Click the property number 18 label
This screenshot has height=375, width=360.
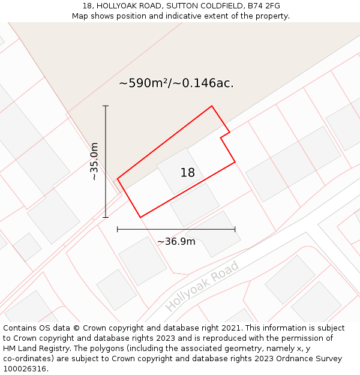187,173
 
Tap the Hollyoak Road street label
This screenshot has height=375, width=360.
202,286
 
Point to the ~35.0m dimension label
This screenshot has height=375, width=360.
94,161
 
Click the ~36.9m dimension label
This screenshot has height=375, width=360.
176,241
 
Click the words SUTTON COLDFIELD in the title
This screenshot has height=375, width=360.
202,6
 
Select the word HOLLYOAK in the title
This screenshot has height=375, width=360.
117,6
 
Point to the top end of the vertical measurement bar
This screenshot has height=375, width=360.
106,106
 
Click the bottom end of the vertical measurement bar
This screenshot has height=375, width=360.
106,217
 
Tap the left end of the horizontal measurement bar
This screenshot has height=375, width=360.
118,229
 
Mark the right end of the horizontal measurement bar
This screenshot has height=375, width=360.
235,229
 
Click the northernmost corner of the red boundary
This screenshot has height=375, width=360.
211,106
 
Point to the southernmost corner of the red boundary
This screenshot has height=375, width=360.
140,217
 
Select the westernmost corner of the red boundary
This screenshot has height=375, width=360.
118,178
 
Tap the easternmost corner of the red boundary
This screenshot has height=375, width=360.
235,161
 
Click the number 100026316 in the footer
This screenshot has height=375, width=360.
25,369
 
